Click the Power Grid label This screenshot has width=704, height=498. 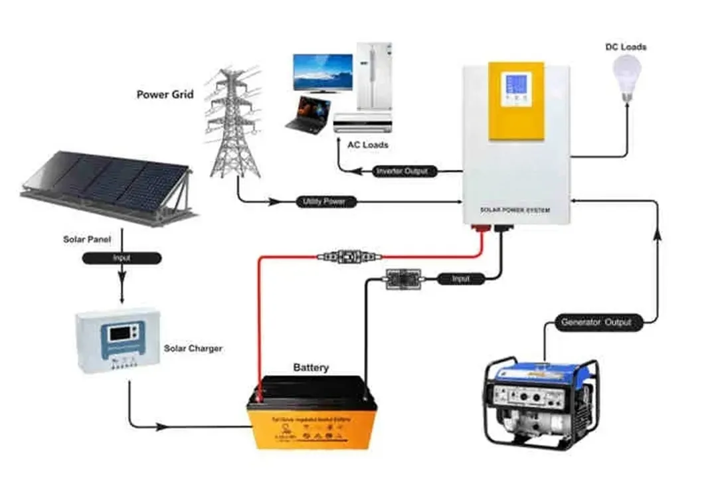pos(165,94)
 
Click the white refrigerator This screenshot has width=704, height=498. pos(375,76)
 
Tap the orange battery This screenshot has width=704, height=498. pos(311,415)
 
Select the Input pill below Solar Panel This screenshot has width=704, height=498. pos(121,258)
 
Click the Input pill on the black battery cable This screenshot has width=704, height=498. pos(461,279)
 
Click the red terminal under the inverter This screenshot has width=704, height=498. pos(479,231)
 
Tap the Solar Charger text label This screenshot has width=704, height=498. pos(193,348)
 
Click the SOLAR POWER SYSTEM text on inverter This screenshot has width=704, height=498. pos(515,210)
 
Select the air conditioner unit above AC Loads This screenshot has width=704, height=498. pos(363,122)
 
